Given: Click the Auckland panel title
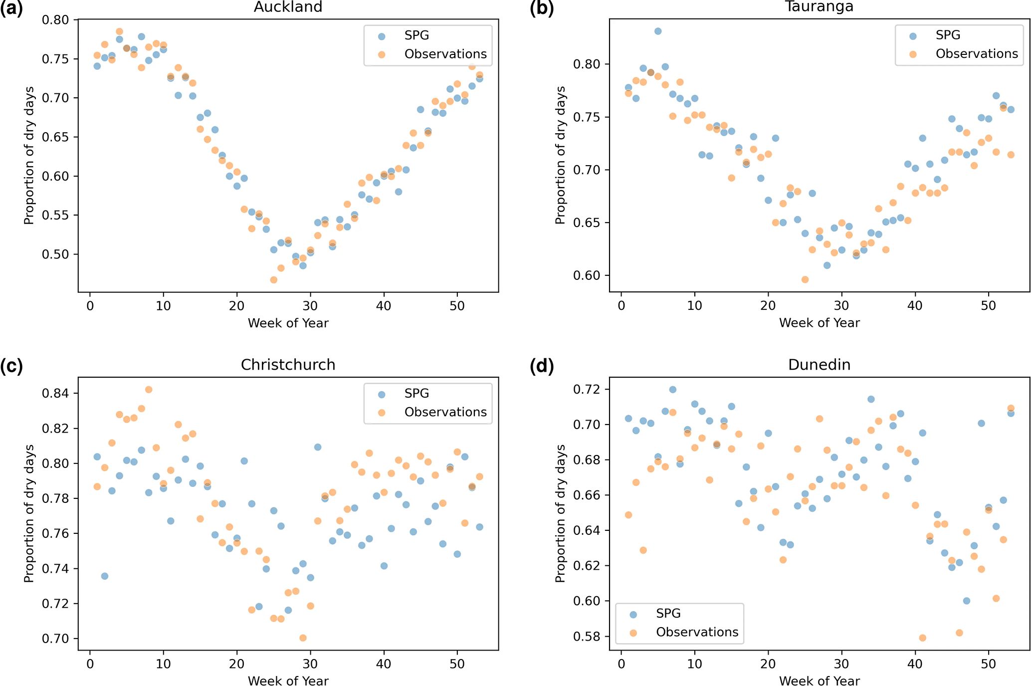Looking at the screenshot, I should (x=288, y=7).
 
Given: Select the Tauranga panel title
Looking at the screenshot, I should (x=819, y=6).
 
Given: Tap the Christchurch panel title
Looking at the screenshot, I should (x=288, y=365).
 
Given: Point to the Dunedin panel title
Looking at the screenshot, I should (x=819, y=365).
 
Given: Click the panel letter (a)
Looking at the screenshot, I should (x=11, y=8).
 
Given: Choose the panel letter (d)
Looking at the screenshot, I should (x=542, y=366).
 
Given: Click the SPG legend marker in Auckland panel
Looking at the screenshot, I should (x=382, y=36).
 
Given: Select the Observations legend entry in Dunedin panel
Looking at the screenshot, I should (x=697, y=632).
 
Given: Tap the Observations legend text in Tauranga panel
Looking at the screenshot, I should (x=977, y=54).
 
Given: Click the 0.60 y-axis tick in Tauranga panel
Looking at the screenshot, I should (x=587, y=275).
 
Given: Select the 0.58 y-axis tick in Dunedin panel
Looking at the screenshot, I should (x=587, y=637).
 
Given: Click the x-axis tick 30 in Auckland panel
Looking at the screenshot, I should (x=310, y=306).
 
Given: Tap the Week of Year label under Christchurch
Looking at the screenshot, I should (x=288, y=681).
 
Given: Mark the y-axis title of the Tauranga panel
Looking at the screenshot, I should (x=560, y=155).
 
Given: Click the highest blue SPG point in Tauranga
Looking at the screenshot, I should (x=658, y=31).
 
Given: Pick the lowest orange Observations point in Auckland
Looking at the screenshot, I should (x=274, y=280).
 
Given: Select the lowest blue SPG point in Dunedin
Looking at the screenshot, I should (x=966, y=601).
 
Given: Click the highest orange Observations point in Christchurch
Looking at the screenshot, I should (x=149, y=390).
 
